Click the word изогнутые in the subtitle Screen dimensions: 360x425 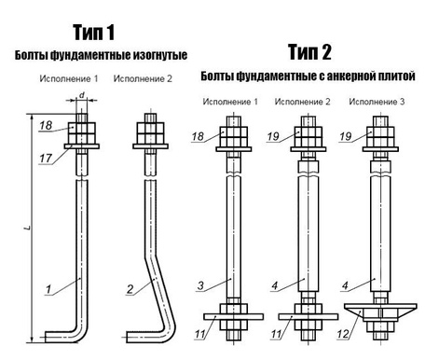151,57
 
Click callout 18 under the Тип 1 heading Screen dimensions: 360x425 46,125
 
